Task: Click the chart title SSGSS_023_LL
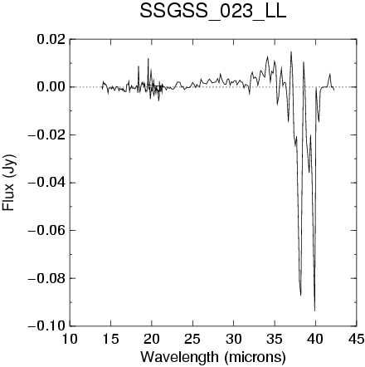tap(212, 12)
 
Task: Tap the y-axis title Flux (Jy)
tap(9, 183)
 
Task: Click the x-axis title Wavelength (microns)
tap(213, 356)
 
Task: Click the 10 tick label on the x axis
tap(70, 339)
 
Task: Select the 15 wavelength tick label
tap(110, 339)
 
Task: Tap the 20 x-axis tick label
tap(152, 339)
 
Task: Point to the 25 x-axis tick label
tap(192, 339)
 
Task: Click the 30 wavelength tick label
tap(233, 339)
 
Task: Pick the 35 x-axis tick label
tap(275, 339)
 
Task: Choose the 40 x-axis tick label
tap(315, 339)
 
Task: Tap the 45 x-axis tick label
tap(357, 339)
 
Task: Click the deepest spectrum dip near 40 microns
tap(314, 311)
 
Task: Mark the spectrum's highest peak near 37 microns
tap(291, 51)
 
